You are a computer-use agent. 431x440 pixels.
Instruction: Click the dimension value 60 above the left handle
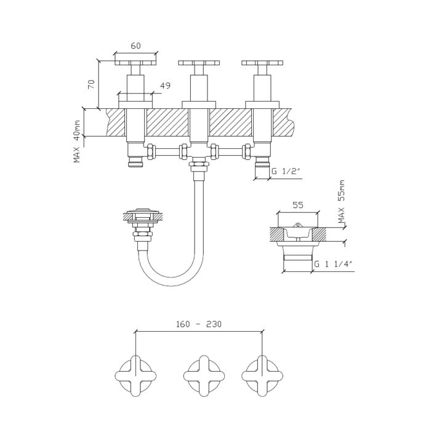point(135,46)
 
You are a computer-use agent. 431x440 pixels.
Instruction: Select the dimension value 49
point(165,86)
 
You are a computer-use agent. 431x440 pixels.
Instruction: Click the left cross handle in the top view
point(135,375)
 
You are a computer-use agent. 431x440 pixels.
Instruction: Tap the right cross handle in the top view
point(261,375)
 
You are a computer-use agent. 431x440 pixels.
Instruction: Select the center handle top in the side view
point(199,62)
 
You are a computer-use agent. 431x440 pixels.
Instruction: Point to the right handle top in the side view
point(262,62)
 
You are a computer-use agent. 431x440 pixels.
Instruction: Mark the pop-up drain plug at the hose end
point(143,215)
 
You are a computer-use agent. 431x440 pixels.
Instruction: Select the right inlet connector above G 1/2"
point(262,162)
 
